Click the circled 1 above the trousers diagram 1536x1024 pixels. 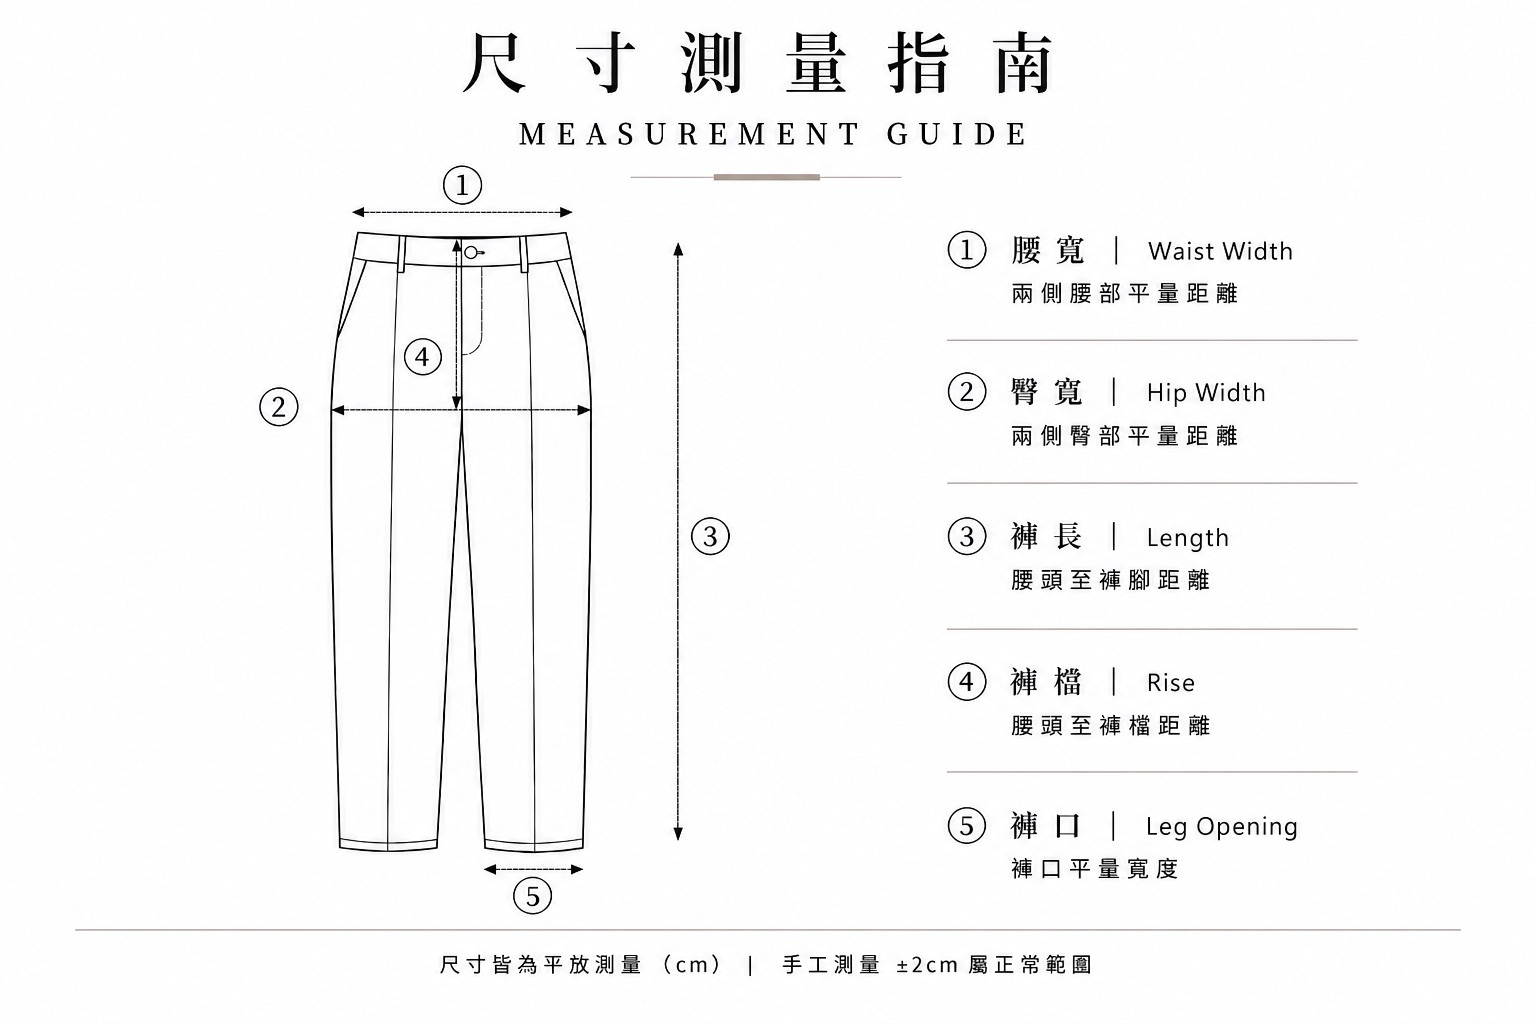[x=462, y=185]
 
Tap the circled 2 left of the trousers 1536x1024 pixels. [x=278, y=407]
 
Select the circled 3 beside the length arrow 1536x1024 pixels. [x=710, y=536]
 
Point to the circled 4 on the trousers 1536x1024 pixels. [x=422, y=357]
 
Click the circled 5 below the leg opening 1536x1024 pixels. [x=532, y=896]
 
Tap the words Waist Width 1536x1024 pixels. [x=1220, y=251]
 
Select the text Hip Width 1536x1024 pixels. [x=1206, y=393]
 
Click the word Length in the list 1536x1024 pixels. [x=1188, y=538]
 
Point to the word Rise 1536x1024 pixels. [x=1171, y=683]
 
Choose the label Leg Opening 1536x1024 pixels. [x=1222, y=827]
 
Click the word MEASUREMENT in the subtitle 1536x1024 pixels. [x=688, y=134]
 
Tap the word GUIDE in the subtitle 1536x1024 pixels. [x=957, y=134]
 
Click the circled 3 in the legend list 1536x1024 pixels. [x=967, y=536]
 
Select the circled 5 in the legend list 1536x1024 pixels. [x=967, y=826]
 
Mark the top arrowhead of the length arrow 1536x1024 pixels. [x=678, y=248]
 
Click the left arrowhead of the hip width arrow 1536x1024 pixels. [x=337, y=410]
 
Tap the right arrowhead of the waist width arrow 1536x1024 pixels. [x=566, y=212]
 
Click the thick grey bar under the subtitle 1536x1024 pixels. [x=767, y=177]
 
